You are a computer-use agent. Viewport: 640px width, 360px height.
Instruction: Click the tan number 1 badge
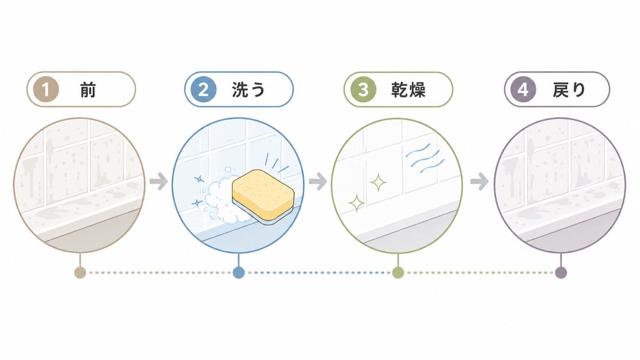click(x=46, y=90)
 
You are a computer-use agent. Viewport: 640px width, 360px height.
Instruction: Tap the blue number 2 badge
click(x=203, y=90)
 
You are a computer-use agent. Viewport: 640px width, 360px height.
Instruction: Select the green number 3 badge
click(x=363, y=90)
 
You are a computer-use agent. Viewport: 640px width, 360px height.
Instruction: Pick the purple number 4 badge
click(x=523, y=90)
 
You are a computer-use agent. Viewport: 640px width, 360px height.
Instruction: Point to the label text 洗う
click(x=248, y=90)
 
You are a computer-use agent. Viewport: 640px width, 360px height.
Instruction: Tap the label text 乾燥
click(x=408, y=90)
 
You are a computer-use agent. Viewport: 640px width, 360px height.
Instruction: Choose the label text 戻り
click(x=569, y=90)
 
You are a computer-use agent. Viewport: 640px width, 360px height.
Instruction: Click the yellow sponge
click(x=263, y=196)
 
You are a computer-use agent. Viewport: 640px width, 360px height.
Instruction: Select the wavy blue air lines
click(x=425, y=158)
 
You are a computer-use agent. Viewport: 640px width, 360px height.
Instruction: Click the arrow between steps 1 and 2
click(x=158, y=181)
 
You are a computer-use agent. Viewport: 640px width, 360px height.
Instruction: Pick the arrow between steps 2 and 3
click(x=318, y=181)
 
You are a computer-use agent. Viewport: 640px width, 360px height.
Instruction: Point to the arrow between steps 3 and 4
click(x=479, y=181)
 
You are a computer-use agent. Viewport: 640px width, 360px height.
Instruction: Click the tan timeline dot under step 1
click(x=80, y=273)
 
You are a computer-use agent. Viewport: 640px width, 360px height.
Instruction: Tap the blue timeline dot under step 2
click(x=238, y=273)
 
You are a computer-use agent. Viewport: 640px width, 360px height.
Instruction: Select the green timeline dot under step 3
click(x=398, y=273)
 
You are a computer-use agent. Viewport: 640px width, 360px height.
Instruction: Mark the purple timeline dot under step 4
click(x=561, y=273)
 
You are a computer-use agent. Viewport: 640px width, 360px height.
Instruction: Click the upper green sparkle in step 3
click(x=378, y=182)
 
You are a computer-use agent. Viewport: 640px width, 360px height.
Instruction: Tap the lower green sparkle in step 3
click(x=357, y=203)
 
